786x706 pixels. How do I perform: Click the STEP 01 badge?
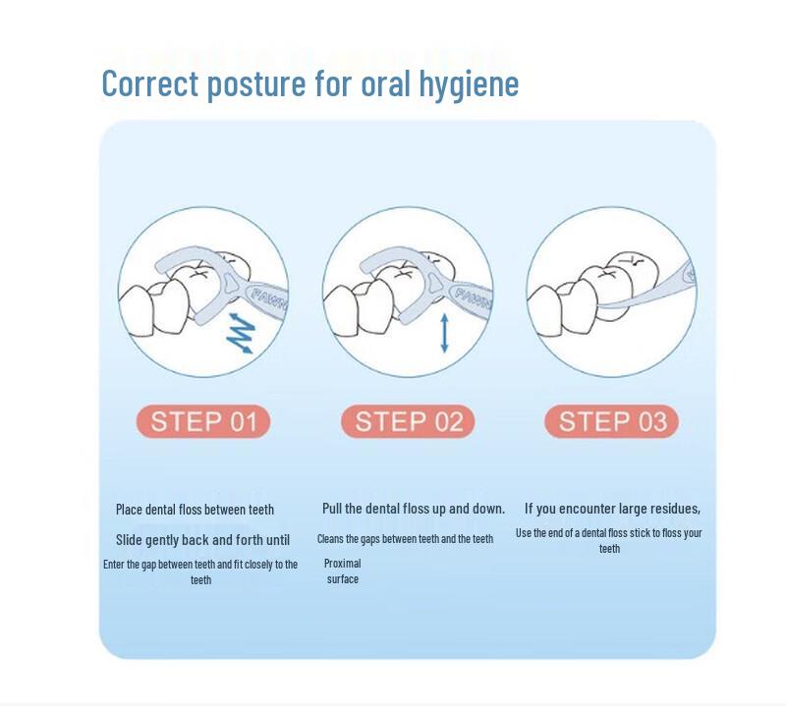[203, 421]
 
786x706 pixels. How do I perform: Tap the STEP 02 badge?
[408, 421]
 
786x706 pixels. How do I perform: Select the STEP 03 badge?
[611, 421]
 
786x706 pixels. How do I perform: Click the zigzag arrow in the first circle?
[241, 333]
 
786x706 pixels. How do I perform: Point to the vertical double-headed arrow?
[444, 333]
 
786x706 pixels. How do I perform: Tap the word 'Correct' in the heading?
[150, 83]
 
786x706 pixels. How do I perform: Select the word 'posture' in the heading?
[256, 85]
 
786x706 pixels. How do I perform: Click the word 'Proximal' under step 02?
[342, 564]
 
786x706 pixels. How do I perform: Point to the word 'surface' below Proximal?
[343, 579]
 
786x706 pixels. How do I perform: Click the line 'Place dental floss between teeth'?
[195, 510]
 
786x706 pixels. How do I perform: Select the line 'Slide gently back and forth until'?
[203, 540]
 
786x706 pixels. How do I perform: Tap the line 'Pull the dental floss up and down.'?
[414, 509]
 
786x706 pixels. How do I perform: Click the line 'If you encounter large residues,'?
[612, 509]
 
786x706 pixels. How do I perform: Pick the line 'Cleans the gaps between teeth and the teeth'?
[406, 539]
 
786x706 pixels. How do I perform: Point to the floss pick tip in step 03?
[600, 306]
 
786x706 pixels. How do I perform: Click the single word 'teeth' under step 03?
[609, 549]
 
